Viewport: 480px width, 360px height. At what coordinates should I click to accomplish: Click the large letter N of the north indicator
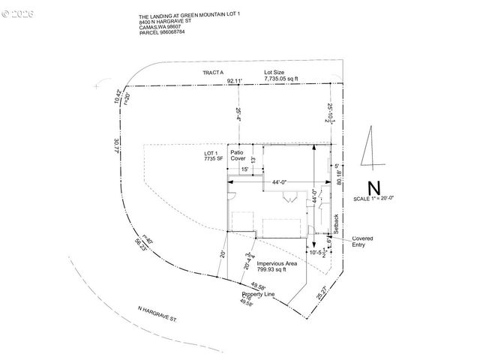373,188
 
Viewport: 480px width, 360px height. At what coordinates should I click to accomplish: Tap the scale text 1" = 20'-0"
373,198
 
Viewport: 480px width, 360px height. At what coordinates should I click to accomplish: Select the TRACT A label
213,72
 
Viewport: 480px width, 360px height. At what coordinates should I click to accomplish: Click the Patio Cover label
238,157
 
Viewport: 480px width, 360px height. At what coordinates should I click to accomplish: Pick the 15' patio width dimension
245,170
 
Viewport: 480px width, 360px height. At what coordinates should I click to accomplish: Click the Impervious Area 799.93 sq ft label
277,268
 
